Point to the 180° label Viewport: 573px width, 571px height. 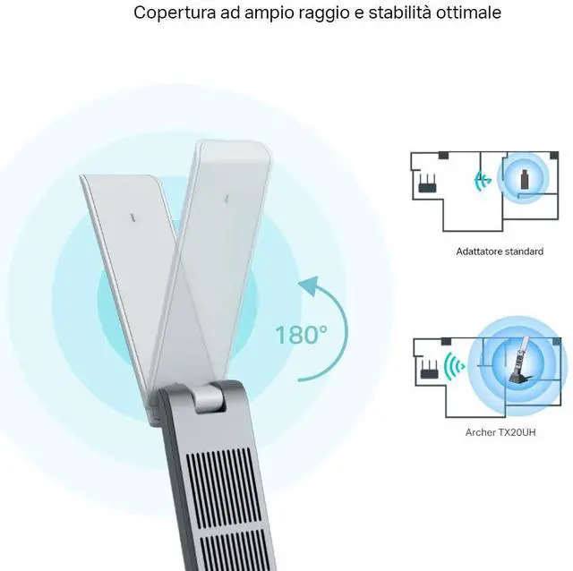301,336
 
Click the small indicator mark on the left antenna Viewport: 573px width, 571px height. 133,216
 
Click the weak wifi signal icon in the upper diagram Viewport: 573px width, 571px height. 483,180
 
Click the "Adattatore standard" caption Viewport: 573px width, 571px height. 499,251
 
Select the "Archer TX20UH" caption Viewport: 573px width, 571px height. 498,432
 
